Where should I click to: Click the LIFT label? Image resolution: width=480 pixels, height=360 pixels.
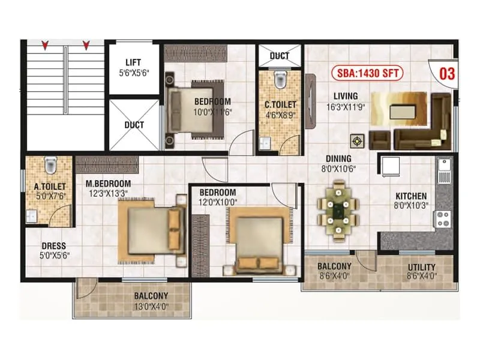pos(133,62)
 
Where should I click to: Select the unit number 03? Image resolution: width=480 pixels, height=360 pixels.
pos(447,74)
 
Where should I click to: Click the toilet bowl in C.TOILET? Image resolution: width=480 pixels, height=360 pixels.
pos(280,79)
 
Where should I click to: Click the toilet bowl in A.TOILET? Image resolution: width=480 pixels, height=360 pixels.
pos(50,164)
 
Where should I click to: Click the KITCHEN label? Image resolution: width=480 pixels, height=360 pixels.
pos(411,196)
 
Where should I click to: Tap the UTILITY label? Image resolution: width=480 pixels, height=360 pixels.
pos(421,267)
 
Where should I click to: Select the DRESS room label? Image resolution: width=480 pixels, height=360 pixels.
pos(54,246)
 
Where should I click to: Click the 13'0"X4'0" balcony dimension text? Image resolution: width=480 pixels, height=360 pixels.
pos(151,306)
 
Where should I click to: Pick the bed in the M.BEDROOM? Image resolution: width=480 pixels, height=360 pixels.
pos(150,229)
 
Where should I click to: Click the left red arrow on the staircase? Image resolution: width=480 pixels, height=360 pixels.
pos(44,45)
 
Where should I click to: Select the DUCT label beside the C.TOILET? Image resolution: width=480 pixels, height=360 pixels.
pos(280,56)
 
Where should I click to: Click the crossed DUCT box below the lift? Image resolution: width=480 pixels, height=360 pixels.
pos(134,125)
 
